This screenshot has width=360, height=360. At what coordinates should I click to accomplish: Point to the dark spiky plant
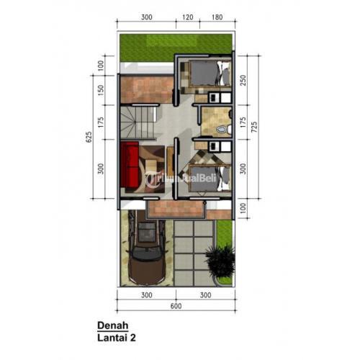[220, 261]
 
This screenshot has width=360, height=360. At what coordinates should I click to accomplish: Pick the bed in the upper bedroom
[209, 75]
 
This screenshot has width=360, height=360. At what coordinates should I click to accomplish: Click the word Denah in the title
[113, 324]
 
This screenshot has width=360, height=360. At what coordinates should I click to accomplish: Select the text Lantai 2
[119, 336]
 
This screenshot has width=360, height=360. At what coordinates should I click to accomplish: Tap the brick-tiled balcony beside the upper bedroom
[148, 89]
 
